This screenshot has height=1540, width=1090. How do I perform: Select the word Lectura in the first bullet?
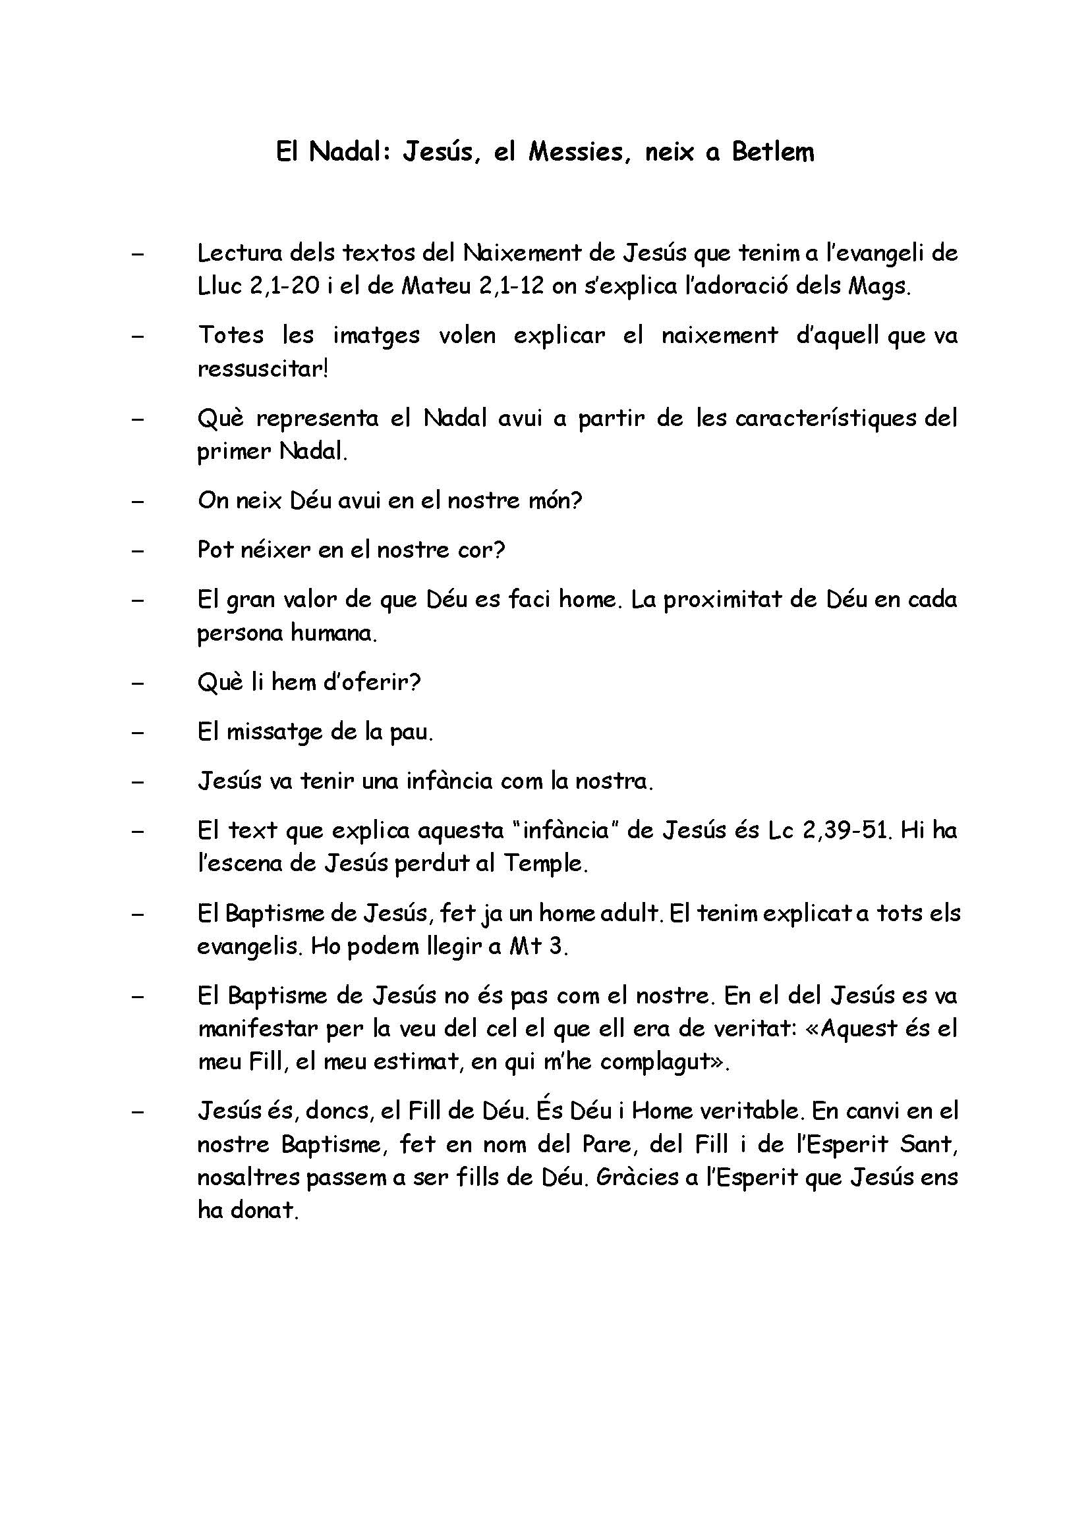239,253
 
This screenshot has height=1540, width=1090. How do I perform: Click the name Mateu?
436,287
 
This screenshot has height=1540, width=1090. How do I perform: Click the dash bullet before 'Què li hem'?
138,683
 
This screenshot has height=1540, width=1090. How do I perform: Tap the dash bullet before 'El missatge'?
138,732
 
